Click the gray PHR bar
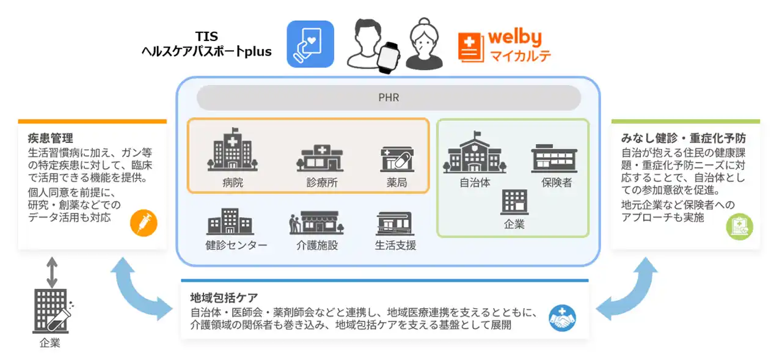click(389, 98)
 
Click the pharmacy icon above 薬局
click(396, 158)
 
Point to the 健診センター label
click(236, 246)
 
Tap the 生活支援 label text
click(395, 246)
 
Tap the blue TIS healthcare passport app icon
click(310, 44)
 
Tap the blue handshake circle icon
click(562, 318)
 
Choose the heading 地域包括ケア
click(224, 299)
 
